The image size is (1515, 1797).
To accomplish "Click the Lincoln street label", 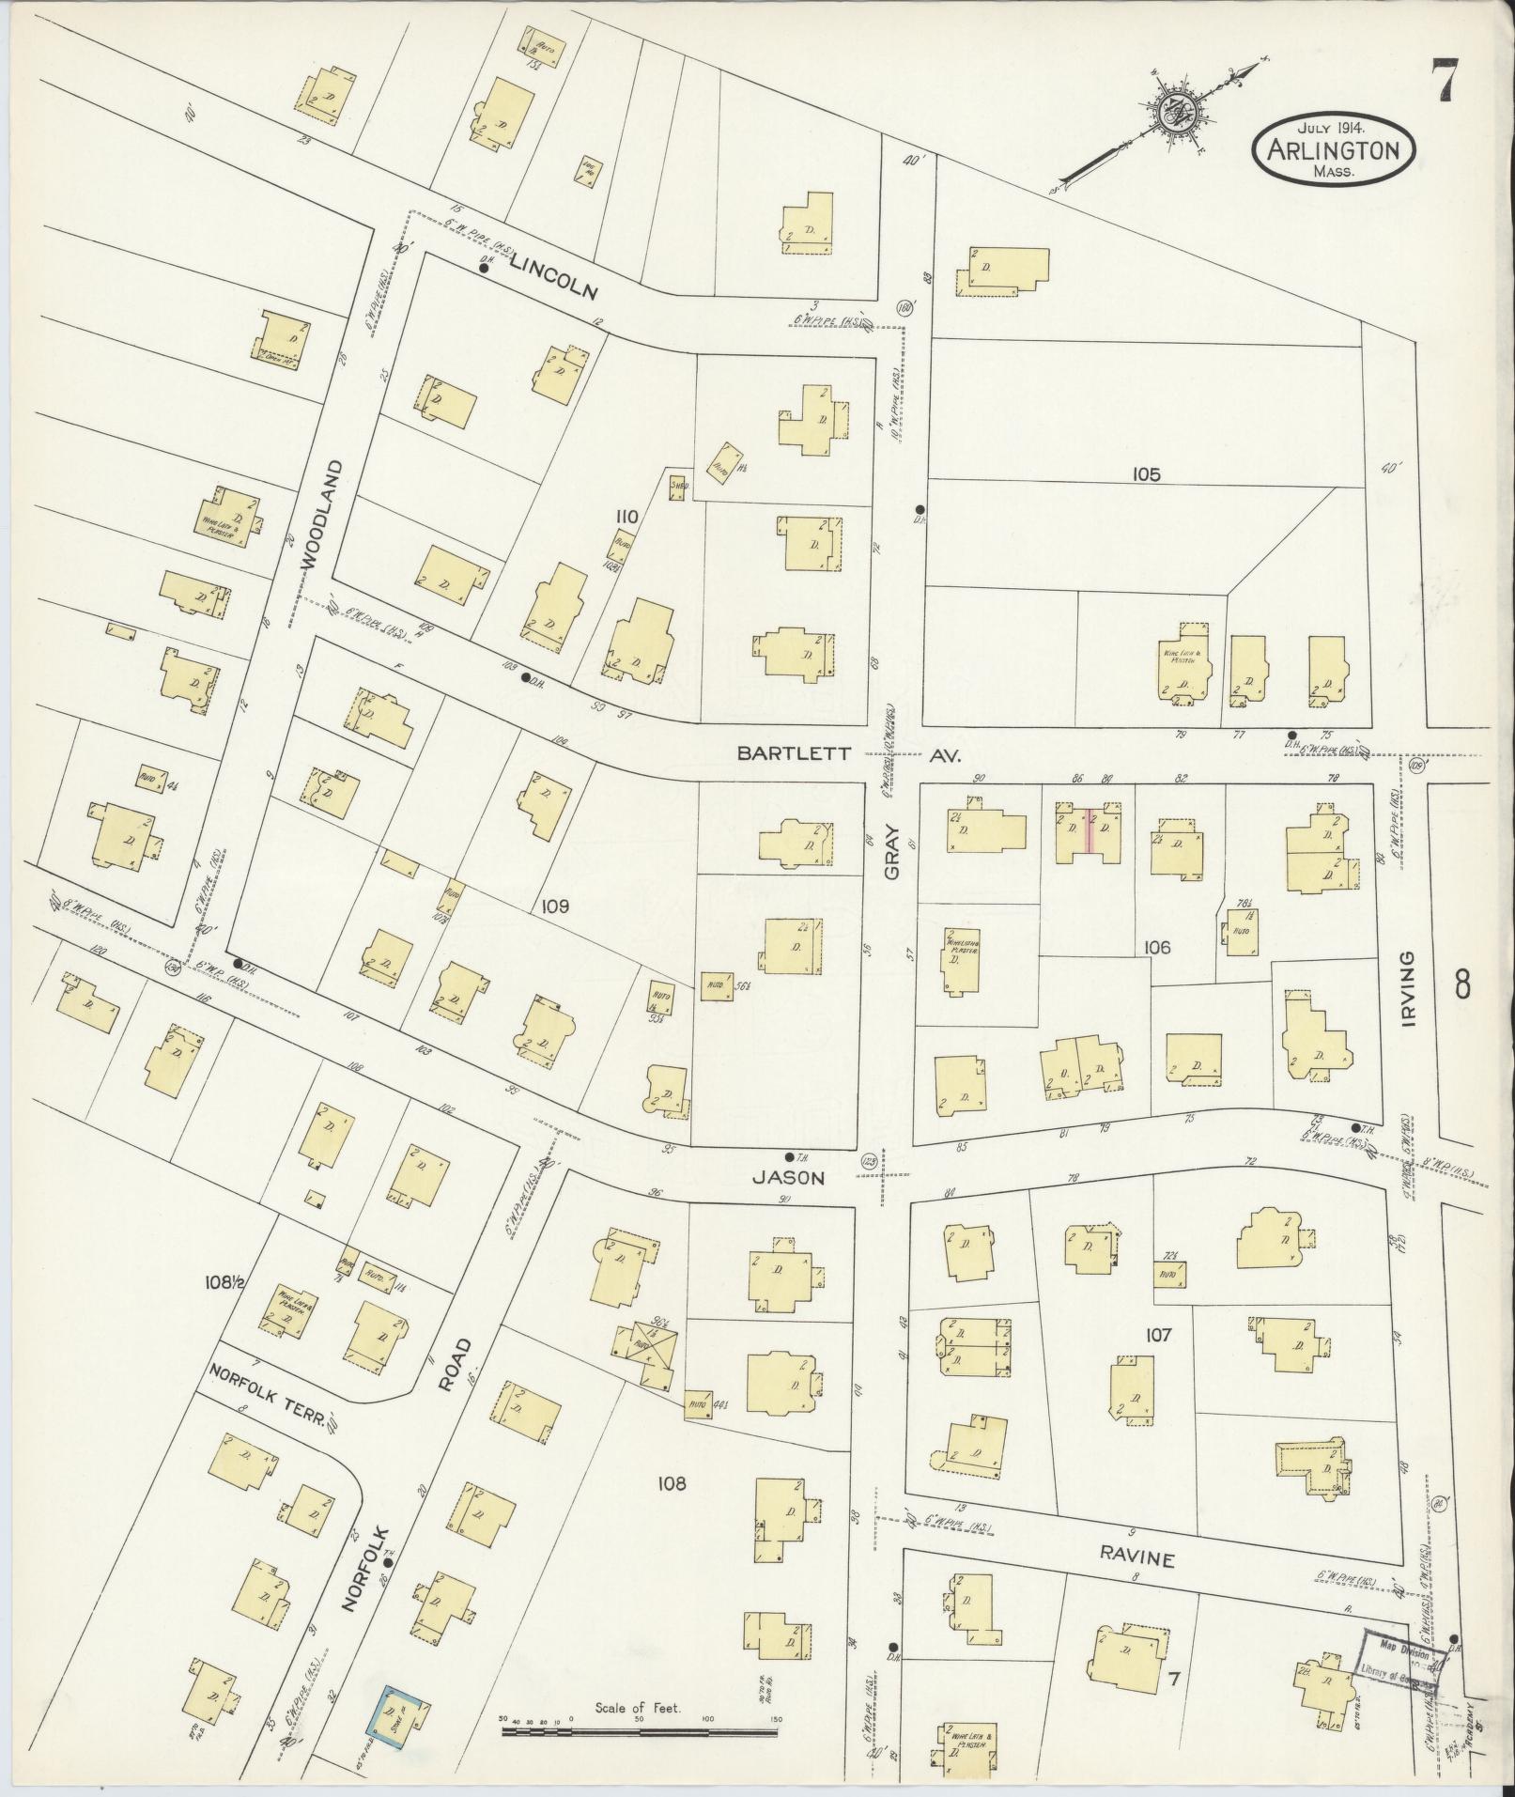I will pyautogui.click(x=554, y=279).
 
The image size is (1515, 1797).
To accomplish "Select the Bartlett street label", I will pyautogui.click(x=794, y=753).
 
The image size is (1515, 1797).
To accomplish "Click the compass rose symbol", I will pyautogui.click(x=1174, y=116).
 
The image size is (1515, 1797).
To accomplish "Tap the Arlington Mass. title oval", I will pyautogui.click(x=1333, y=149).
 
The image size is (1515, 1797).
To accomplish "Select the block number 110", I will pyautogui.click(x=626, y=516).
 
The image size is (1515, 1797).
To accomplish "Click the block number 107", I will pyautogui.click(x=1159, y=1334).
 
